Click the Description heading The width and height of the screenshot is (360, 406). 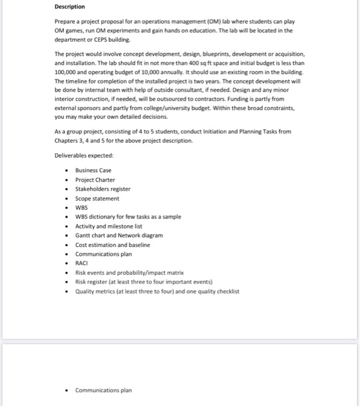(x=69, y=7)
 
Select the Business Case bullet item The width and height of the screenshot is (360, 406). (x=93, y=171)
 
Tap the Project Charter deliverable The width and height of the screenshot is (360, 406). (x=95, y=180)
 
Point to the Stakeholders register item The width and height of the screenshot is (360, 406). (x=103, y=189)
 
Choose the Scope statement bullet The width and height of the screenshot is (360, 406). (x=97, y=198)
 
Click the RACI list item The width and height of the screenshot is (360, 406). (x=81, y=263)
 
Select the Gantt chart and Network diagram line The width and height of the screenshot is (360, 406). (x=119, y=235)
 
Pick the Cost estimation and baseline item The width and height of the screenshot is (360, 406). (x=113, y=245)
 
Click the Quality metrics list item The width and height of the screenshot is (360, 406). (x=157, y=291)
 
